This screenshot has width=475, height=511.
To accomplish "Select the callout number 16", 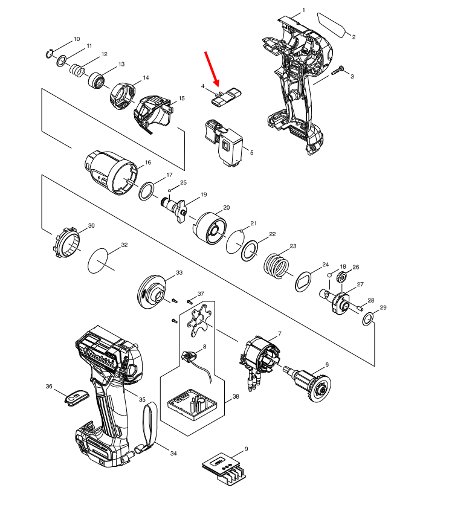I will (148, 162).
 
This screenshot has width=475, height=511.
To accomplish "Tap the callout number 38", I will (236, 397).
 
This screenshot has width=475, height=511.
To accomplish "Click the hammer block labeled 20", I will (208, 230).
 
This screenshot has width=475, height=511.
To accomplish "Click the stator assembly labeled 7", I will (260, 359).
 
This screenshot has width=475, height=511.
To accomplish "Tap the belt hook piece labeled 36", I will (76, 397).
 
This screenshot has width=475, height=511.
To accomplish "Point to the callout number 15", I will (181, 98).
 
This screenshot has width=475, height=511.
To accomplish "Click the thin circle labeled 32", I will (101, 261).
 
